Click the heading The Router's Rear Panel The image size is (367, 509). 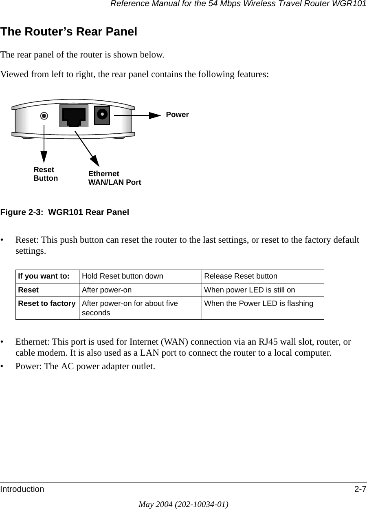pyautogui.click(x=69, y=32)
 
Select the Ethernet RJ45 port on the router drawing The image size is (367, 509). pyautogui.click(x=74, y=116)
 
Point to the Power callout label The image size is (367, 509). pyautogui.click(x=177, y=115)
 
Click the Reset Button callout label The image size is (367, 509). pyautogui.click(x=46, y=174)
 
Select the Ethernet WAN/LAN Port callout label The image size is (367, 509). pyautogui.click(x=114, y=178)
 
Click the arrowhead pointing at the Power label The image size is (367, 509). pyautogui.click(x=155, y=115)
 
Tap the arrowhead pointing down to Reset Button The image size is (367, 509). pyautogui.click(x=44, y=157)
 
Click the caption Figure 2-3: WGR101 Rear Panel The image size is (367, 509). pyautogui.click(x=65, y=212)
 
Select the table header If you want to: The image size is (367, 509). pyautogui.click(x=43, y=276)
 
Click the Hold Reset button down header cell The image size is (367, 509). pyautogui.click(x=122, y=276)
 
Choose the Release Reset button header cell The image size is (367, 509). pyautogui.click(x=240, y=276)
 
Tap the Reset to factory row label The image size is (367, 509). pyautogui.click(x=46, y=303)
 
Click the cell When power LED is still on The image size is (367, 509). pyautogui.click(x=249, y=290)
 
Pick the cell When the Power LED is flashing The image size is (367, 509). pyautogui.click(x=258, y=303)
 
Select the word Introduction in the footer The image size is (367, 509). pyautogui.click(x=22, y=489)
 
